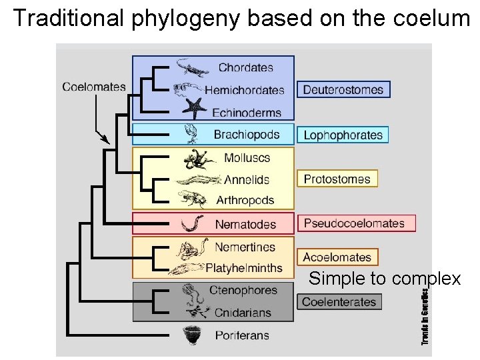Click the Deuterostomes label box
343,89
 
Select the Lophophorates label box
343,135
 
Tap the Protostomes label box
337,179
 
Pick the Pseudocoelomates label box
356,223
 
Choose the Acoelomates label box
337,257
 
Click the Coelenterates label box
339,301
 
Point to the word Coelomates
94,87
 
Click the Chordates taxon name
246,67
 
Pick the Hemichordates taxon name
245,90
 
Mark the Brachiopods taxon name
247,135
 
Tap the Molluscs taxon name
247,158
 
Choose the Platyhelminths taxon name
244,269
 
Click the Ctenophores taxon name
243,291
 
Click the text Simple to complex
385,279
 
